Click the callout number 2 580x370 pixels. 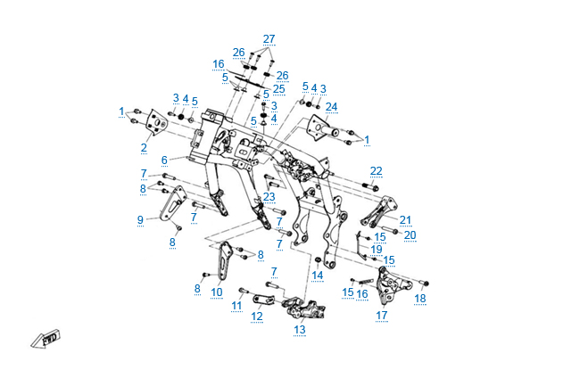[x=144, y=147]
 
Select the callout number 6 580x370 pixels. [x=164, y=160]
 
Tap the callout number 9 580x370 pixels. [x=140, y=219]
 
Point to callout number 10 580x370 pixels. [x=217, y=292]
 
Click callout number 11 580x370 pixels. [x=236, y=306]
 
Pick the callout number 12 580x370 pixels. [x=256, y=316]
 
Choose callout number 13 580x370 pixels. [x=299, y=330]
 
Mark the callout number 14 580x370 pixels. [x=317, y=275]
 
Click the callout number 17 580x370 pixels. [x=381, y=315]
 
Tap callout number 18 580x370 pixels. [x=420, y=298]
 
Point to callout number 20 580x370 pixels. [x=410, y=235]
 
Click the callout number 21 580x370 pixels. [x=405, y=219]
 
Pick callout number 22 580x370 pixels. [x=376, y=170]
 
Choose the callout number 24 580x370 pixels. [x=331, y=107]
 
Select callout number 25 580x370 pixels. [x=278, y=89]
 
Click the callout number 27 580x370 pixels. [x=269, y=38]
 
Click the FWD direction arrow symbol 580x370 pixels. [x=45, y=339]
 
